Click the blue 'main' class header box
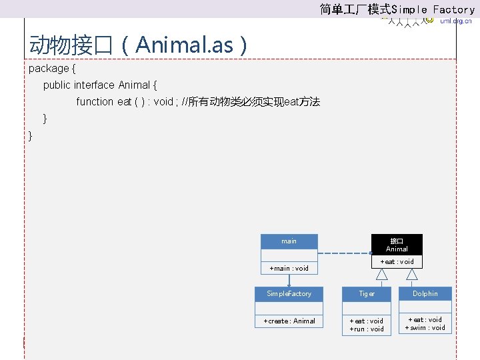click(x=289, y=241)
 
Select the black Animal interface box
click(x=397, y=244)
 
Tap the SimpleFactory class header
click(x=289, y=294)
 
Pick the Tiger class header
click(x=367, y=294)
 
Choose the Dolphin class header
click(x=425, y=294)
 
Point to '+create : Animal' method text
click(x=289, y=321)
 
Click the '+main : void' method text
click(x=289, y=269)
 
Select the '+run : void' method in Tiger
click(x=367, y=329)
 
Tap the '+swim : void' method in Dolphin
click(x=425, y=328)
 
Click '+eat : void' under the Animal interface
click(x=397, y=262)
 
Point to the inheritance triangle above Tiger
click(x=382, y=274)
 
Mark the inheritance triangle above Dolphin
click(x=413, y=274)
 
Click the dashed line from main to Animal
click(x=343, y=253)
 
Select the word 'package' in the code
click(x=49, y=69)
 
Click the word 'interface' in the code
click(x=95, y=85)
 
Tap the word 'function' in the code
click(x=95, y=102)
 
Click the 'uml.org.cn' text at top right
click(x=456, y=21)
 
